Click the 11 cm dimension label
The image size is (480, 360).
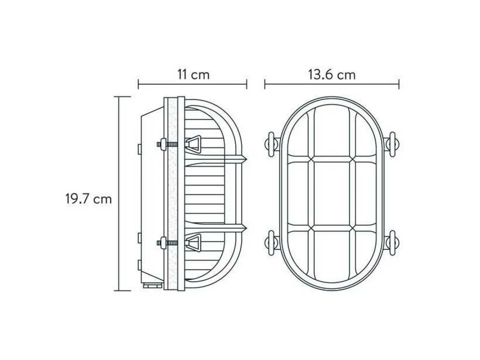(193, 74)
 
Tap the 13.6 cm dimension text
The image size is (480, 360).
(332, 74)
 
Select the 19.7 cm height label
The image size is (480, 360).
(88, 199)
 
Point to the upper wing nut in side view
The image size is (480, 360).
(193, 144)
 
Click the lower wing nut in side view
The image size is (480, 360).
(193, 242)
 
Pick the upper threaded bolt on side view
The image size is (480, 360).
(167, 144)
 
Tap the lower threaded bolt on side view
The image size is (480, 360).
(167, 243)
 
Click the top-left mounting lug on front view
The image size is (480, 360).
(272, 144)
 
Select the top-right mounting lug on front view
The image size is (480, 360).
(392, 144)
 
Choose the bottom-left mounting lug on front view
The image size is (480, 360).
(272, 243)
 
